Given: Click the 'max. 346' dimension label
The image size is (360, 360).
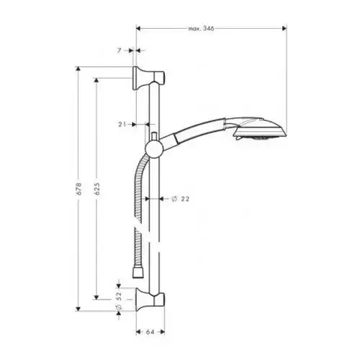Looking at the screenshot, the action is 201,29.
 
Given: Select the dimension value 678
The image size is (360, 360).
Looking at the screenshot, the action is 79,189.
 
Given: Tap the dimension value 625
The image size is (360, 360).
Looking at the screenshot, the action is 98,189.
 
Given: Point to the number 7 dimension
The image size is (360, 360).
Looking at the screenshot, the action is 120,50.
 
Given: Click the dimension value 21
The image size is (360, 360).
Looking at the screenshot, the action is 122,125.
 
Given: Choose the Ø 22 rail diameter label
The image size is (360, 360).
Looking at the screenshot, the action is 181,199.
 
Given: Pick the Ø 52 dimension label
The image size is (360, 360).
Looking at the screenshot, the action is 120,300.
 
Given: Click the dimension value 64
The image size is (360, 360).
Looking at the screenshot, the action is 150,332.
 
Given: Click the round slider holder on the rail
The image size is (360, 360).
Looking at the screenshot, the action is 153,150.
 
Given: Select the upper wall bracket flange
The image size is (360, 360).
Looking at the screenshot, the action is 138,78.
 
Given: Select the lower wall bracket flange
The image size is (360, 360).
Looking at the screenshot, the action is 139,300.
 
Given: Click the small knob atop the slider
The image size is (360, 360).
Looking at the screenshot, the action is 154,136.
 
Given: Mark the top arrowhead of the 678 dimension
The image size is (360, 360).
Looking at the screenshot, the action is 78,68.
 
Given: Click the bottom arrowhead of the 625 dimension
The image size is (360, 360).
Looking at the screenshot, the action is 96,297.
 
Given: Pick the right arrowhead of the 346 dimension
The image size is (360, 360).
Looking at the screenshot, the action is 284,29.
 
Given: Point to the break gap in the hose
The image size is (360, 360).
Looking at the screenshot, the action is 138,225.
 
